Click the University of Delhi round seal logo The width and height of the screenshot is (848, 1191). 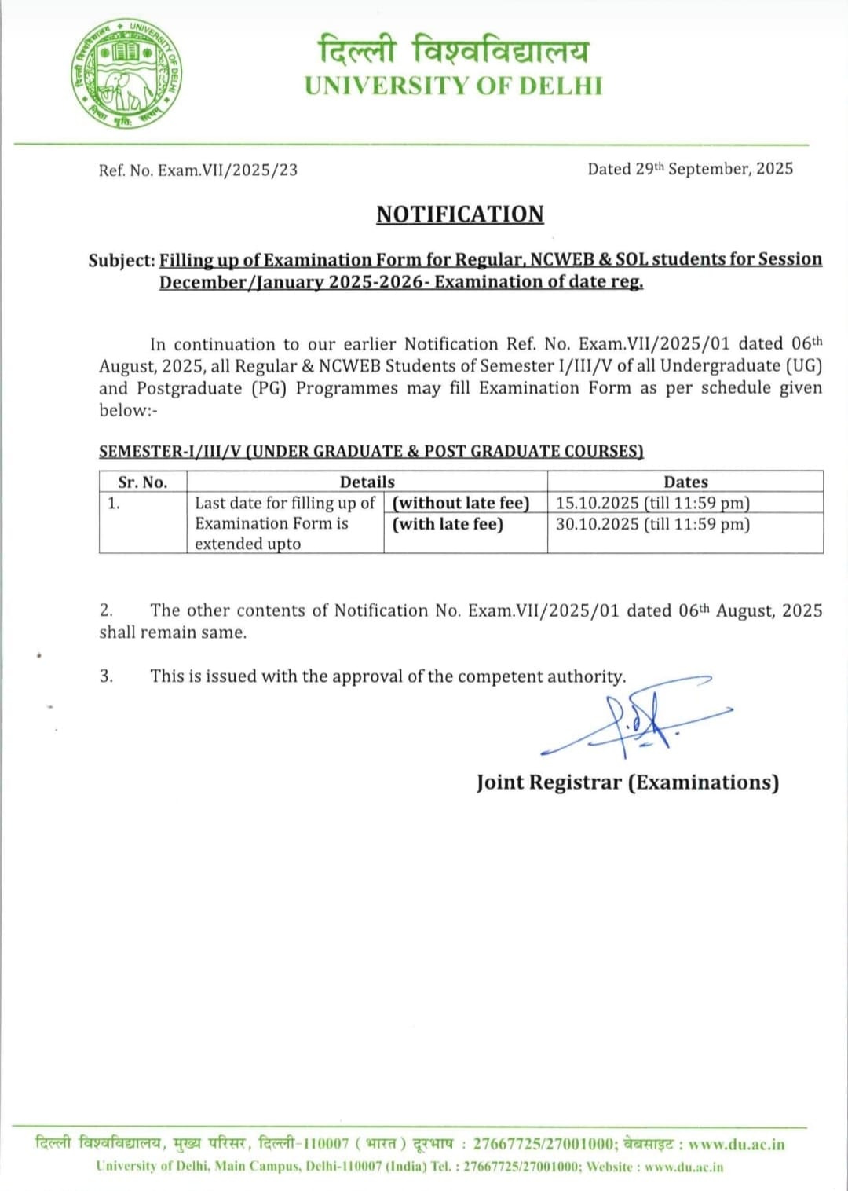click(127, 74)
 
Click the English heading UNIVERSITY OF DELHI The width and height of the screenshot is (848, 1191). click(454, 86)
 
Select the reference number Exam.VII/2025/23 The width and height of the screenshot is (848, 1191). click(228, 170)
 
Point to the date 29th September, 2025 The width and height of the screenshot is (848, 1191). click(714, 169)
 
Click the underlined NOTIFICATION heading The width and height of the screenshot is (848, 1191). click(460, 214)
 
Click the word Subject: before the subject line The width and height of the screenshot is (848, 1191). click(122, 261)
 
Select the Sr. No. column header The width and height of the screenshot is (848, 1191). click(143, 482)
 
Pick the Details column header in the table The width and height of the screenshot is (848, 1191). click(367, 482)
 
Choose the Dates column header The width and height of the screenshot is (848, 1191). click(685, 482)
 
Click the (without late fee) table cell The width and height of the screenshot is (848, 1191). click(461, 503)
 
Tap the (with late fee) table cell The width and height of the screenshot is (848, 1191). click(448, 524)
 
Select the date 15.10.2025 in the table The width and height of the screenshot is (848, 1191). click(597, 503)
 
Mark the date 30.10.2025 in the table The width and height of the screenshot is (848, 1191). click(597, 524)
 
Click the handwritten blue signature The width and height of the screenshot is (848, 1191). click(636, 719)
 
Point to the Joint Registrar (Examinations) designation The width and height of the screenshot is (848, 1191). click(627, 782)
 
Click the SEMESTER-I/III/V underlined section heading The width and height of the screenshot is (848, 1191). click(371, 451)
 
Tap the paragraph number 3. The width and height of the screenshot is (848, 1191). click(106, 676)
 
